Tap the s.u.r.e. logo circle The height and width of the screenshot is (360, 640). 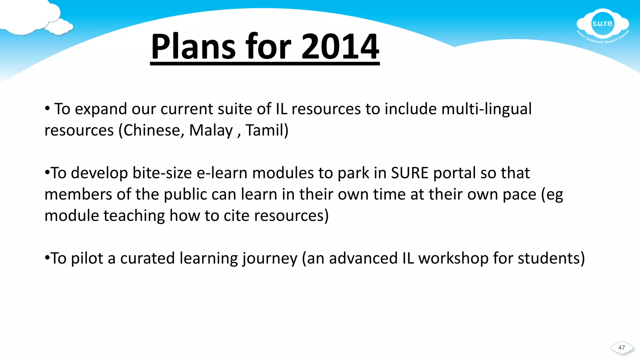[x=602, y=24]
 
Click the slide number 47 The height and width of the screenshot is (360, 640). [x=622, y=347]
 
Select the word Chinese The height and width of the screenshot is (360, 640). [x=151, y=130]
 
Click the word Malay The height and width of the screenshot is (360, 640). [x=211, y=131]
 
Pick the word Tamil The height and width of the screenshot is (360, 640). [x=267, y=130]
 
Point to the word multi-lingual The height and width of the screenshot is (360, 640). [x=486, y=109]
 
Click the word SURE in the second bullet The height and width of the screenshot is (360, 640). [x=409, y=173]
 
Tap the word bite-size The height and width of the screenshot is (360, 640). [x=162, y=173]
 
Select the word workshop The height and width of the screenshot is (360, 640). [x=453, y=258]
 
